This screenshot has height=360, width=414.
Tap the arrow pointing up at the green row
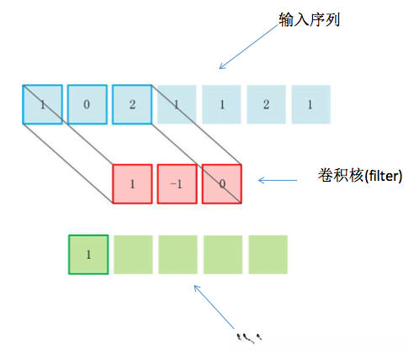click(214, 305)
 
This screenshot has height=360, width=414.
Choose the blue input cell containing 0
click(88, 104)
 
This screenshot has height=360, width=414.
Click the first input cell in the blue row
click(42, 104)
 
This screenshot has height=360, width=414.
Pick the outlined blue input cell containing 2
click(132, 104)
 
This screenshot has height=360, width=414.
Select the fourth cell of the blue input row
click(177, 104)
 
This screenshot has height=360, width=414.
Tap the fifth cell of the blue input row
click(221, 104)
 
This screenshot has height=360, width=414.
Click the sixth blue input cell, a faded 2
click(266, 104)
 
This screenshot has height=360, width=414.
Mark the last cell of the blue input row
click(310, 104)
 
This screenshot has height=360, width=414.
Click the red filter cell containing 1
click(132, 184)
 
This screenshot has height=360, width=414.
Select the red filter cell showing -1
click(177, 184)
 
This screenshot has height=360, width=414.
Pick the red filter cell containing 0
click(221, 184)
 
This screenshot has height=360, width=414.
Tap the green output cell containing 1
click(88, 255)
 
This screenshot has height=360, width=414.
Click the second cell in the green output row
click(132, 255)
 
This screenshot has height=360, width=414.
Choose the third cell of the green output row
click(178, 255)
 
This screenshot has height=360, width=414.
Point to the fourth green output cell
click(222, 255)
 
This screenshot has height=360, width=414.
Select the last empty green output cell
click(268, 255)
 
